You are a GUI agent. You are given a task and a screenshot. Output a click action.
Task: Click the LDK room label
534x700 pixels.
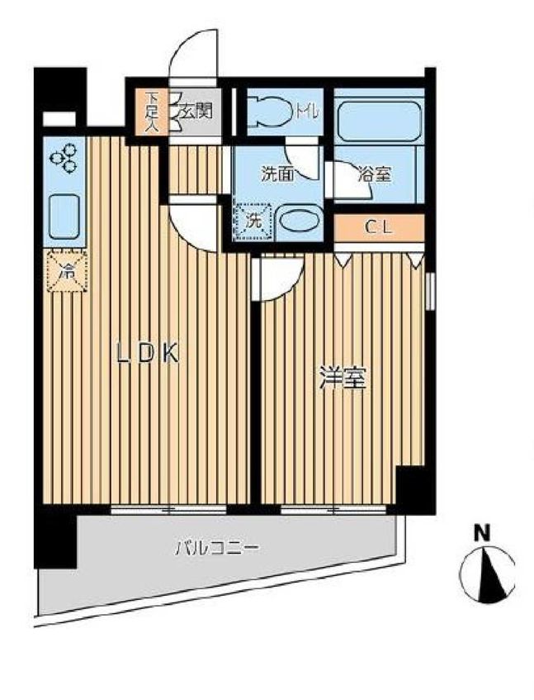(148, 353)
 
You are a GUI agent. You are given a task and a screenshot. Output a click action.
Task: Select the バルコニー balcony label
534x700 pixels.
(215, 547)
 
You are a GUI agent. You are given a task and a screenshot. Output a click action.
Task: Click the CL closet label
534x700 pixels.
(378, 227)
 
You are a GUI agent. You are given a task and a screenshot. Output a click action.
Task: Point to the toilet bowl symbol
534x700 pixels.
(269, 112)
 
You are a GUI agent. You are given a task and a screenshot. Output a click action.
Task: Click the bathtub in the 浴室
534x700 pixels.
(379, 121)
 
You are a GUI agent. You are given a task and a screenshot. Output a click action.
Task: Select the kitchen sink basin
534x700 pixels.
(64, 217)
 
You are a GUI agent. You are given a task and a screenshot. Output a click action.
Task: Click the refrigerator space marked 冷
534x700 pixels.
(68, 271)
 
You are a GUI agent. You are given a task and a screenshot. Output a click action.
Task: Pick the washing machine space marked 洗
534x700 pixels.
(253, 222)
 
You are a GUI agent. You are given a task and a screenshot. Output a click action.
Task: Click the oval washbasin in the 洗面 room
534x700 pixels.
(300, 221)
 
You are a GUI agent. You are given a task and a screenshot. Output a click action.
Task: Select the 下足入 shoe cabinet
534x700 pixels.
(152, 112)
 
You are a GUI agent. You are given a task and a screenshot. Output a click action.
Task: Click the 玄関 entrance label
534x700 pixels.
(194, 112)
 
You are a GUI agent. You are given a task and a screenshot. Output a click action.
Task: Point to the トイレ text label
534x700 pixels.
(307, 112)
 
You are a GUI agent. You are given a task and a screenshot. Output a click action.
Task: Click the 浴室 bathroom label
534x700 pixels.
(375, 174)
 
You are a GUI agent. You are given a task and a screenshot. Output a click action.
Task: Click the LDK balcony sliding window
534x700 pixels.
(168, 509)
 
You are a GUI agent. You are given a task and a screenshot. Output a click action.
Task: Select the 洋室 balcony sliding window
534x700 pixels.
(333, 509)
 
